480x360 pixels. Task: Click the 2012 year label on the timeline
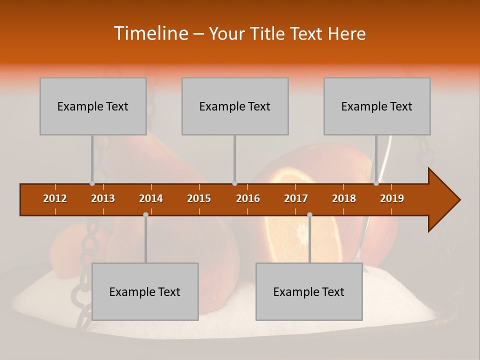point(55,198)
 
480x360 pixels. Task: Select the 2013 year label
point(103,198)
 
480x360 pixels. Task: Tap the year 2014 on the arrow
point(151,198)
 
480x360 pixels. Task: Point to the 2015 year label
point(199,198)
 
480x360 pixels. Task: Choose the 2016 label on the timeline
point(248,198)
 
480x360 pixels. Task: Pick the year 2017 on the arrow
point(296,198)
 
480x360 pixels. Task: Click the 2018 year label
point(344,198)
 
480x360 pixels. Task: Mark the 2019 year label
point(392,198)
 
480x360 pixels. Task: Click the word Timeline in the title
point(150,33)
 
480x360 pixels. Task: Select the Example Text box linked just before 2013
point(93,106)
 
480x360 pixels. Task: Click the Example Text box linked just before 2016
point(235,106)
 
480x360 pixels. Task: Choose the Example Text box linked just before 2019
point(377,106)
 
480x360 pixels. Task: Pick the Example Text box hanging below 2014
point(145,291)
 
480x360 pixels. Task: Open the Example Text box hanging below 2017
point(309,291)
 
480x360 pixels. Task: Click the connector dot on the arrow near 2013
point(92,183)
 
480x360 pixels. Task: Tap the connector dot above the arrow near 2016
point(234,183)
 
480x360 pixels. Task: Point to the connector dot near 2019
point(376,183)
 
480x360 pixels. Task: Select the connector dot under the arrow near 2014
point(145,214)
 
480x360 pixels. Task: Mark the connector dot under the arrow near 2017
point(309,214)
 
